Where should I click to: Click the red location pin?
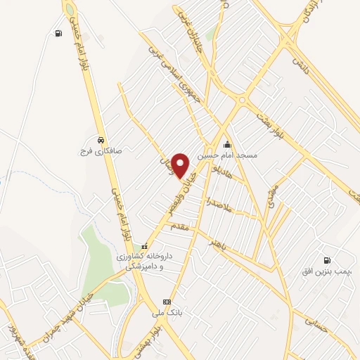(181, 165)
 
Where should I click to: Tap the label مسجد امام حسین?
(227, 155)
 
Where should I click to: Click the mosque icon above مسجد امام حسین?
(227, 145)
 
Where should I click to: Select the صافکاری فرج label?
(103, 150)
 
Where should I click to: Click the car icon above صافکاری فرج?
(103, 140)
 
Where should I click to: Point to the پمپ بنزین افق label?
(328, 271)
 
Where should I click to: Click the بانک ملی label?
(166, 313)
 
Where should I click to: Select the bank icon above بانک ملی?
(167, 302)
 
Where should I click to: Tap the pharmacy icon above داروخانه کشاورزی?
(145, 247)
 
